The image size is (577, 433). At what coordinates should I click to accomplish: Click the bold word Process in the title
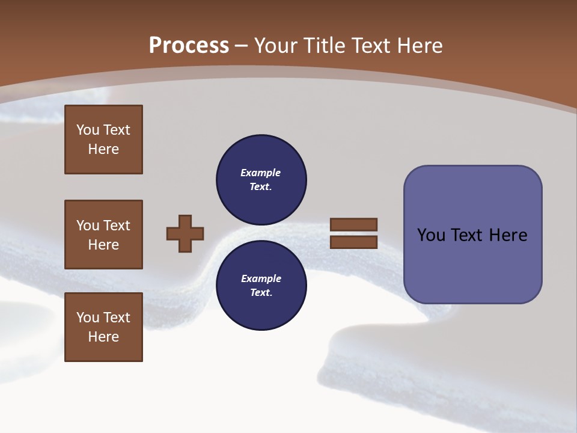tap(189, 46)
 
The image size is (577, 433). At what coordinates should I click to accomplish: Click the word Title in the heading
tap(324, 46)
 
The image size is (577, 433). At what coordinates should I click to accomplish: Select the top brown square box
tap(103, 140)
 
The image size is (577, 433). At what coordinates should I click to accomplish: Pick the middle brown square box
tap(103, 235)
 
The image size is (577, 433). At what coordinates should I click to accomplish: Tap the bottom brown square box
tap(103, 327)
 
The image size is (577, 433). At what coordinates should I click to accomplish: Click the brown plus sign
tap(185, 233)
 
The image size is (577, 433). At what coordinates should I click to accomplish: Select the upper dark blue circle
tap(261, 180)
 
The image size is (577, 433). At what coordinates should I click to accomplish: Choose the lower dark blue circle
tap(261, 286)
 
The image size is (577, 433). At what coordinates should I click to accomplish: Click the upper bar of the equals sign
tap(353, 224)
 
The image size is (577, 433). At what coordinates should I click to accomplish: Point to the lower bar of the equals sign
tap(353, 242)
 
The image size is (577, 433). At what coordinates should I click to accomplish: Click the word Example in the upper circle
tap(260, 173)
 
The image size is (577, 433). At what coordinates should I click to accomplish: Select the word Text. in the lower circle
tap(261, 293)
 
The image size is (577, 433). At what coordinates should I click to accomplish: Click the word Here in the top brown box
tap(103, 149)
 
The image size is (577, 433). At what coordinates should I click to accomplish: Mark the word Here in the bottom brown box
tap(103, 337)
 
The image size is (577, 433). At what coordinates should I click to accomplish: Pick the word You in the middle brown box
tap(88, 226)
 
